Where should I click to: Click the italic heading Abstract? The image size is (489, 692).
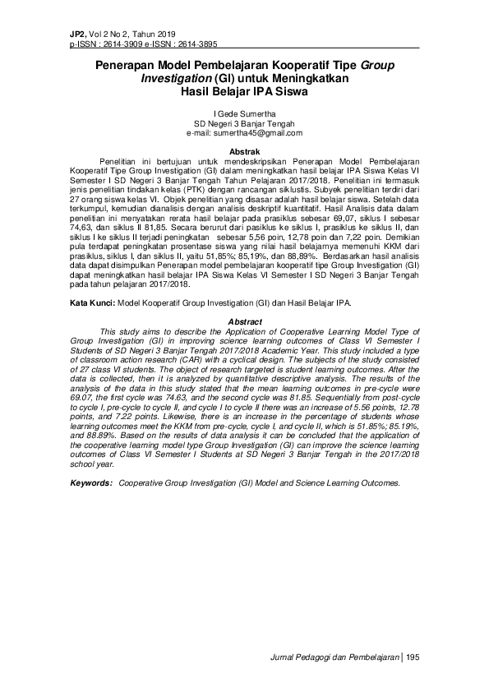tap(244, 321)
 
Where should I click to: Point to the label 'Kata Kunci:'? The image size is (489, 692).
tap(93, 303)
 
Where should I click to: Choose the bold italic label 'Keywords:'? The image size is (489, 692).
tap(90, 482)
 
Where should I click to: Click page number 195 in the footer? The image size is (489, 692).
tap(413, 657)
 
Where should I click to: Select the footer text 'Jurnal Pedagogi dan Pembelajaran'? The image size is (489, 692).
tap(334, 657)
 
